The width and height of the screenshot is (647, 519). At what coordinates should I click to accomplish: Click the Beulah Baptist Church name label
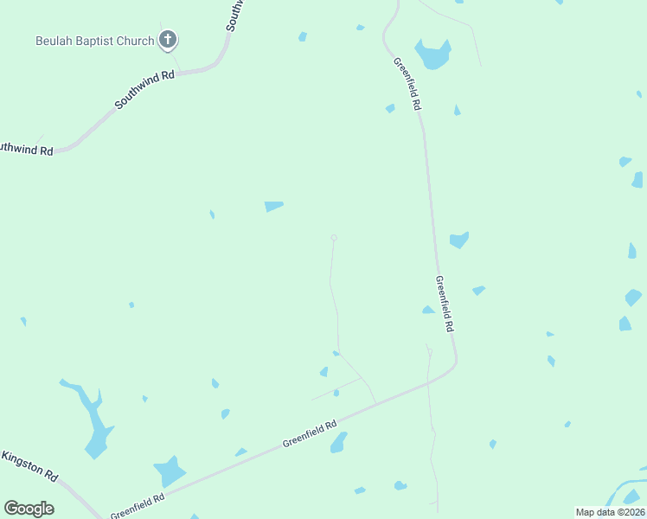point(94,41)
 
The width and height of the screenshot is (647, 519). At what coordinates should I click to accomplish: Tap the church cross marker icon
point(168,40)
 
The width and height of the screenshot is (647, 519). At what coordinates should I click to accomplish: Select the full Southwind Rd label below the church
point(144,90)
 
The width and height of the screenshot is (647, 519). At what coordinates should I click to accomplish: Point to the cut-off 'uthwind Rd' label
point(26,149)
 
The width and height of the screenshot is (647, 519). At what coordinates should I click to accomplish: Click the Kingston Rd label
point(30,466)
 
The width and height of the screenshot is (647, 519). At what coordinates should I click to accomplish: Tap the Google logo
point(29,508)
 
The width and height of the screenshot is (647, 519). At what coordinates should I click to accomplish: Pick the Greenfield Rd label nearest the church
point(407,84)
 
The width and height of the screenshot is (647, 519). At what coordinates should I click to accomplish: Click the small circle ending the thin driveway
point(334,238)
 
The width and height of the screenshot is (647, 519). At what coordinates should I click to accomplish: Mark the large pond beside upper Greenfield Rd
point(432,54)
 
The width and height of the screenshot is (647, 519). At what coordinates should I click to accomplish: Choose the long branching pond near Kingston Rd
point(93,421)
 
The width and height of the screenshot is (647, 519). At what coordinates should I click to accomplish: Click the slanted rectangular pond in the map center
point(273,206)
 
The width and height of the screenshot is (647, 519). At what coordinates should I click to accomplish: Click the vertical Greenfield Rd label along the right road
point(444,304)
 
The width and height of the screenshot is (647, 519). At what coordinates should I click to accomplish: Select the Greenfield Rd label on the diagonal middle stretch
point(309,435)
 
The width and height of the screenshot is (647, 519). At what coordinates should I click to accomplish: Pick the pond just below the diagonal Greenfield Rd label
point(338,443)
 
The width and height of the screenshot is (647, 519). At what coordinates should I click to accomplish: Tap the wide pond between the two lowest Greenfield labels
point(170,471)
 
